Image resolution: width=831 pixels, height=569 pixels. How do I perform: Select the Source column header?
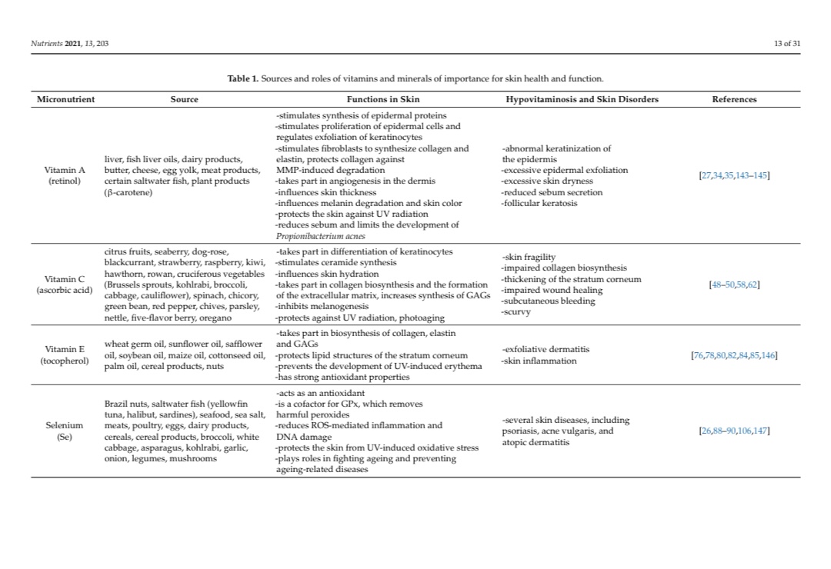pos(184,99)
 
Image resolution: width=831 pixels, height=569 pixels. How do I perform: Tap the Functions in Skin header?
pos(383,99)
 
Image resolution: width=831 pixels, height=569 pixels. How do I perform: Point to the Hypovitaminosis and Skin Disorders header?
pos(582,99)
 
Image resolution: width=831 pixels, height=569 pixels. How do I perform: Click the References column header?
pos(734,99)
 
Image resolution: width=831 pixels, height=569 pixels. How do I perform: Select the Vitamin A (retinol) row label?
pos(65,175)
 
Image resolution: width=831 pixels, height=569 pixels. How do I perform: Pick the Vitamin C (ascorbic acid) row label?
pos(65,284)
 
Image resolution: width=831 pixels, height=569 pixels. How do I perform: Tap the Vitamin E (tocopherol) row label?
pos(65,354)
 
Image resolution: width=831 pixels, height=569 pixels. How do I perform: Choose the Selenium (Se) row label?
pos(65,431)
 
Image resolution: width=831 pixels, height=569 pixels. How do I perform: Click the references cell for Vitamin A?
pos(734,176)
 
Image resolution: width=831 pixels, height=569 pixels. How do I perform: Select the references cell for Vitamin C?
pos(734,284)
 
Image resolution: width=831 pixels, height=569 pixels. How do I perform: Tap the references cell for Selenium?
pos(734,431)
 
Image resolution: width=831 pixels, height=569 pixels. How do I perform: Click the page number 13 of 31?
pos(787,43)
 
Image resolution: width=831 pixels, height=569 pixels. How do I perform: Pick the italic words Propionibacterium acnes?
pos(320,236)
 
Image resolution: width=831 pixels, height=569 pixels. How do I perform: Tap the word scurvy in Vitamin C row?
pos(515,312)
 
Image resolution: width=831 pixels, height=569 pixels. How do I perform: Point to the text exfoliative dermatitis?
pos(546,349)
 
